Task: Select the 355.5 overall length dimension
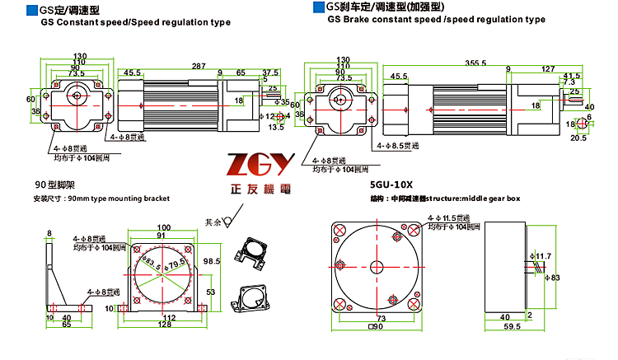click(x=452, y=63)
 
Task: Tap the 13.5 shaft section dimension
click(x=276, y=127)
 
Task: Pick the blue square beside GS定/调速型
click(x=32, y=11)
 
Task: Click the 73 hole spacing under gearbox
click(x=381, y=317)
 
